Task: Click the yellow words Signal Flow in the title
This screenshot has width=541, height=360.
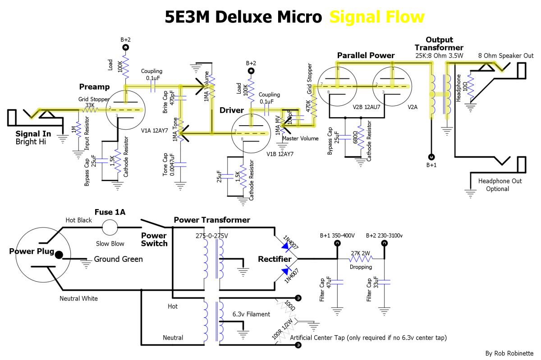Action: point(377,17)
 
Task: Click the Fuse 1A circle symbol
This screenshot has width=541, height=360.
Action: point(110,228)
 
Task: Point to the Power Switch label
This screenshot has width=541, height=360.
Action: point(154,239)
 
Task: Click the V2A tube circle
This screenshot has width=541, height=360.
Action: point(392,85)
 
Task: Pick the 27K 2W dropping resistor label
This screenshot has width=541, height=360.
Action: point(361,253)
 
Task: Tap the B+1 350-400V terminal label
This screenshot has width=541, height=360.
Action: point(337,235)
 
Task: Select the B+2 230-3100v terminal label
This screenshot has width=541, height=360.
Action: point(384,235)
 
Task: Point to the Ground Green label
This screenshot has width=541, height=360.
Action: point(118,259)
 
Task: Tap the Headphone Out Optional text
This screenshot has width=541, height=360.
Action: point(497,185)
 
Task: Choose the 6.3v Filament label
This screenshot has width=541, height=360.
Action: point(251,314)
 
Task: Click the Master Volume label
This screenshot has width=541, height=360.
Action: point(300,138)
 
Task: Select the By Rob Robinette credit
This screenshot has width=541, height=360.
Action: point(509,353)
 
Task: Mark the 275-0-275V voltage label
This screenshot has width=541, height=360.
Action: point(212,236)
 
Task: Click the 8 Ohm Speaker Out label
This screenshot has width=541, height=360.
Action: point(506,56)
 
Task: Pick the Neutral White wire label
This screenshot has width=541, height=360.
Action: point(78,298)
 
